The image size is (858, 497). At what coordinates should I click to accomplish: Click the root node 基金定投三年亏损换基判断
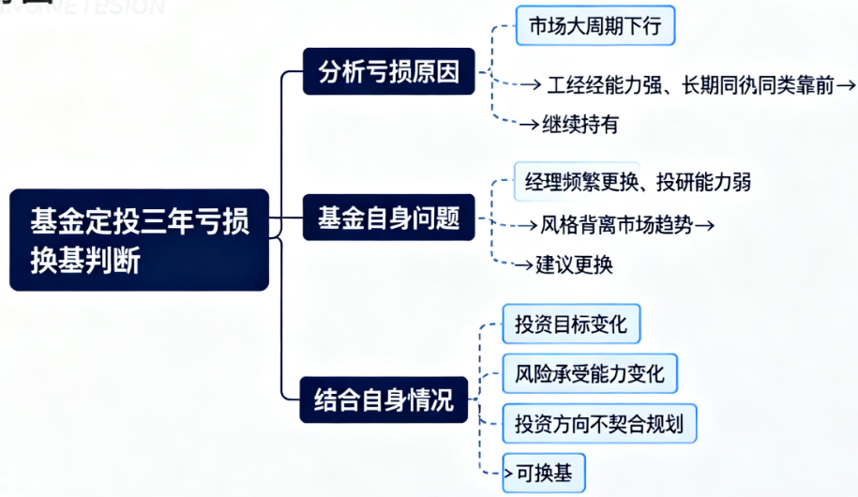[139, 240]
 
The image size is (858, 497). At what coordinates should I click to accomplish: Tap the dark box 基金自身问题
[389, 220]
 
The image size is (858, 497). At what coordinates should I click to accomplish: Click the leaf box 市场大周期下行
[595, 25]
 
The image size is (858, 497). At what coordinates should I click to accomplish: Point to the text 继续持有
[580, 124]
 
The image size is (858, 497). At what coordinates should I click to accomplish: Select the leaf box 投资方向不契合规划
[599, 424]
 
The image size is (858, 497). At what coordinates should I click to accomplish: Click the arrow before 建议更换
[524, 265]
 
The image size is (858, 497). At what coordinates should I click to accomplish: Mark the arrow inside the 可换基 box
[510, 473]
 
